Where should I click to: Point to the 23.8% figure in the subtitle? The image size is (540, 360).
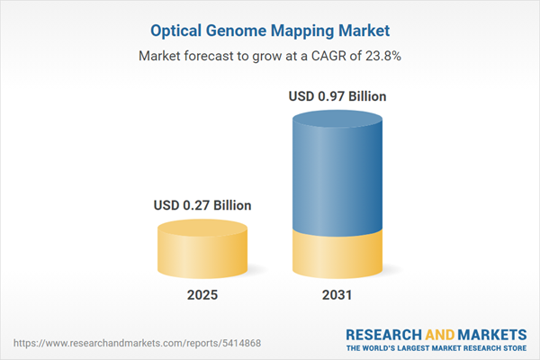click(381, 56)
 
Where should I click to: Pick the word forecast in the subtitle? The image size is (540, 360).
click(211, 56)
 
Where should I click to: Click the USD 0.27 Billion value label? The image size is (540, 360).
click(202, 206)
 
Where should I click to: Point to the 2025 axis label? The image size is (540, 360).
click(202, 294)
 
